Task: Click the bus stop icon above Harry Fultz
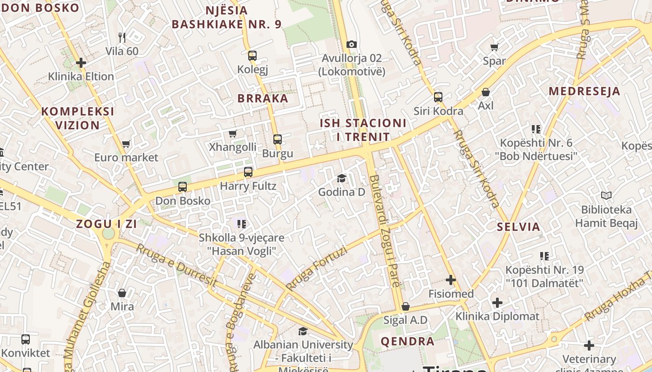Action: pyautogui.click(x=248, y=172)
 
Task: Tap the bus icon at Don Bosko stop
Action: pyautogui.click(x=183, y=187)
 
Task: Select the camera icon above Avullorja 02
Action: pyautogui.click(x=352, y=45)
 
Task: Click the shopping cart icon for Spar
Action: pyautogui.click(x=494, y=47)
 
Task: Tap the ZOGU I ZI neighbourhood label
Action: pyautogui.click(x=106, y=224)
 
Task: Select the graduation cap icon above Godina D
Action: pyautogui.click(x=342, y=178)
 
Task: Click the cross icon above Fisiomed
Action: pyautogui.click(x=450, y=280)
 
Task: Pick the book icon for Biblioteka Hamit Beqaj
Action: pyautogui.click(x=606, y=196)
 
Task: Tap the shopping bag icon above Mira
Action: pyautogui.click(x=122, y=293)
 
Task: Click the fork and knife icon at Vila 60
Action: pyautogui.click(x=122, y=37)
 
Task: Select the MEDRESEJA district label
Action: pyautogui.click(x=584, y=91)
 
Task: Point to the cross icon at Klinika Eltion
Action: pyautogui.click(x=81, y=62)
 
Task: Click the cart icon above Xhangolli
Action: pyautogui.click(x=232, y=134)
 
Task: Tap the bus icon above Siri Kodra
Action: pyautogui.click(x=438, y=97)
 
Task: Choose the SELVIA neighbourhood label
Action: pyautogui.click(x=518, y=227)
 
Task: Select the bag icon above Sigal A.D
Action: pyautogui.click(x=406, y=306)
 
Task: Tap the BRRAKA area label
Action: pyautogui.click(x=263, y=99)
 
